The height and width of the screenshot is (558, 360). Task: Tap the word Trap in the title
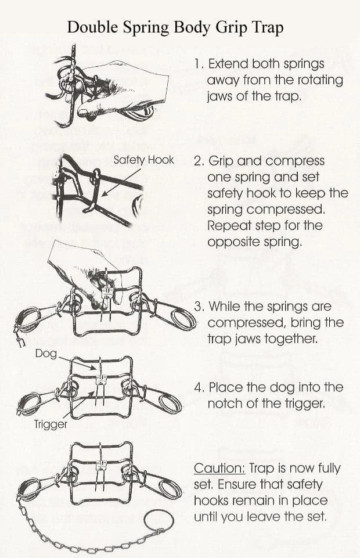tap(268, 28)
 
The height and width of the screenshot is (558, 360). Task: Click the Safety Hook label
tap(144, 160)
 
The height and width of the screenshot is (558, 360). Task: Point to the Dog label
tap(46, 354)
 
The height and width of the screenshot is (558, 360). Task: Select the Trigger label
tap(51, 424)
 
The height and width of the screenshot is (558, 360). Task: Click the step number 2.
tap(199, 161)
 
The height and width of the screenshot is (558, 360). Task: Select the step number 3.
tap(199, 307)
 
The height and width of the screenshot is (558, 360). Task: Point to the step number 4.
tap(199, 387)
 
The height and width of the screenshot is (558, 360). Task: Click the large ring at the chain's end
tap(159, 521)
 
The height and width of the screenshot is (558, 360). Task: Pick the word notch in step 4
tap(225, 404)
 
